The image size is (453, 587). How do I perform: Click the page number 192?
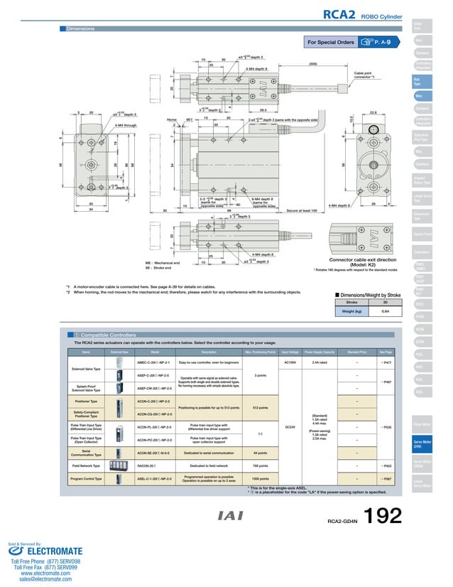383,517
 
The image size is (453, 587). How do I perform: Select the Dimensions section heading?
80,28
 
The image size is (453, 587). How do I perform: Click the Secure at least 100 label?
305,211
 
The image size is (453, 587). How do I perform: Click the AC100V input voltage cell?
289,362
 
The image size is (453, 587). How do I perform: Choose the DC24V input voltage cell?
289,426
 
